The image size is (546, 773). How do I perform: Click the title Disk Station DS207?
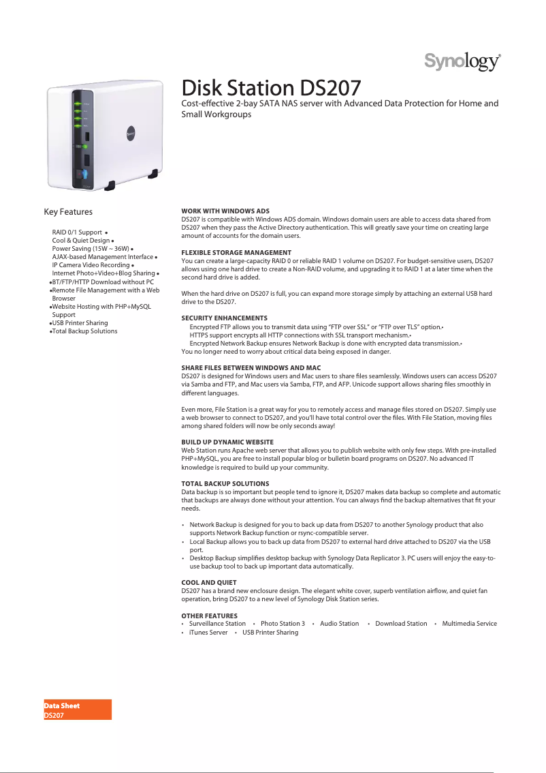[x=271, y=88]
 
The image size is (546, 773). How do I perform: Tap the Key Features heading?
[x=68, y=212]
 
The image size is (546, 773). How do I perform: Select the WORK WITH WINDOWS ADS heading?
[x=225, y=211]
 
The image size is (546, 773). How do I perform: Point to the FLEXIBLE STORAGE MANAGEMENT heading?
[x=236, y=252]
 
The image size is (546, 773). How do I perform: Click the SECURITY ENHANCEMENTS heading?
[x=224, y=318]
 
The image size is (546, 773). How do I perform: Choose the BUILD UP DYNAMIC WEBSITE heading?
[x=227, y=442]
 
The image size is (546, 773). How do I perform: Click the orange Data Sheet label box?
[x=78, y=710]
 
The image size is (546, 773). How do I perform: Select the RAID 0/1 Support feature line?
[x=77, y=232]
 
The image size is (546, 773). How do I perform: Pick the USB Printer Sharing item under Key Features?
[x=80, y=323]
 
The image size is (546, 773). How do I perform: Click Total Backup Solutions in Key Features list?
[x=84, y=331]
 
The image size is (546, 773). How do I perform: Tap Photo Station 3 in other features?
[x=283, y=624]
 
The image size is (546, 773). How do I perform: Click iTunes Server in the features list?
[x=208, y=633]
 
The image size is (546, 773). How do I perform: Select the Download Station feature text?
[x=401, y=624]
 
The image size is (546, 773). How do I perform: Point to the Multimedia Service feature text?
[x=469, y=624]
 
